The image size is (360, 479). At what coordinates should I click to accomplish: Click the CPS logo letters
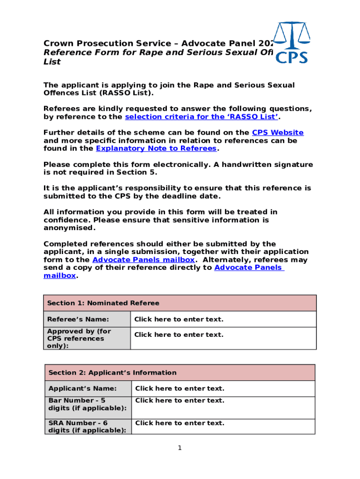point(291,57)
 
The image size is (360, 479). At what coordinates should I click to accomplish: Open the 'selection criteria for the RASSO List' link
point(201,117)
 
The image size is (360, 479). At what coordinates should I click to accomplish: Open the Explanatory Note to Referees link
point(156,149)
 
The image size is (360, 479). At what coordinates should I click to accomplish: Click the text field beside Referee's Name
point(179,319)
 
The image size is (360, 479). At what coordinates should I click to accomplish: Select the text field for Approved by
point(179,335)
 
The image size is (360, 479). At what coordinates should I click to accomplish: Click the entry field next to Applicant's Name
point(180,389)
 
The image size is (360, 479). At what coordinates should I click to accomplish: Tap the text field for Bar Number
point(180,401)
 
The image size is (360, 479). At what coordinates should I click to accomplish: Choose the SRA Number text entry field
point(180,423)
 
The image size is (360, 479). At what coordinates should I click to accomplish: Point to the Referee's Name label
point(78,319)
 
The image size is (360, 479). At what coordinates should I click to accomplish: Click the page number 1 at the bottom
point(180,448)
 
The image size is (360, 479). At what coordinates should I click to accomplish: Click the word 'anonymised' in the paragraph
point(69,228)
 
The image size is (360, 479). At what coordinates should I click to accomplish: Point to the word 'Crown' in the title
point(58,44)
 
